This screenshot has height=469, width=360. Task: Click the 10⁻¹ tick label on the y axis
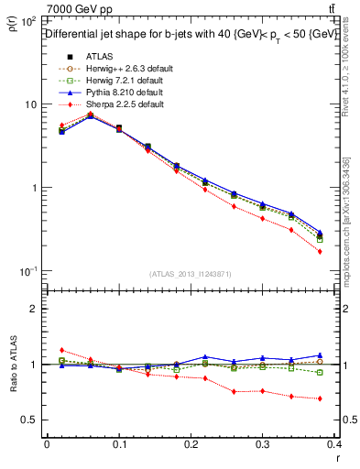point(27,272)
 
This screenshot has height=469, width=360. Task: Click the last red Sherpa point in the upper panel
point(320,251)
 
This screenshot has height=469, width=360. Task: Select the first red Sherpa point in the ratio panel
point(61,350)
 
